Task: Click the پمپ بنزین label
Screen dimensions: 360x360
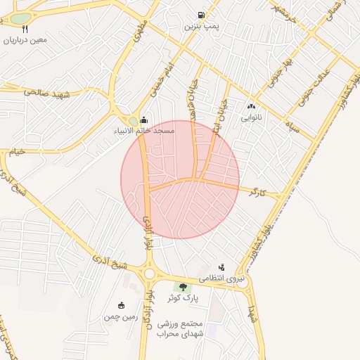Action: [x=202, y=26]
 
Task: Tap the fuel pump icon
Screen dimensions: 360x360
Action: [x=202, y=15]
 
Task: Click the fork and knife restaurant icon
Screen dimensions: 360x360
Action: [x=26, y=29]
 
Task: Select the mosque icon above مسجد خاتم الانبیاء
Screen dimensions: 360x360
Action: [x=144, y=120]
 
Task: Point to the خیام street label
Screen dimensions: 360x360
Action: [x=15, y=152]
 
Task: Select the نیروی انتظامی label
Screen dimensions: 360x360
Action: [x=224, y=278]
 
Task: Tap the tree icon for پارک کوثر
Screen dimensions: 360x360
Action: [x=183, y=287]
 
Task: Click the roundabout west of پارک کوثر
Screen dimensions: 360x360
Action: [x=149, y=274]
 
